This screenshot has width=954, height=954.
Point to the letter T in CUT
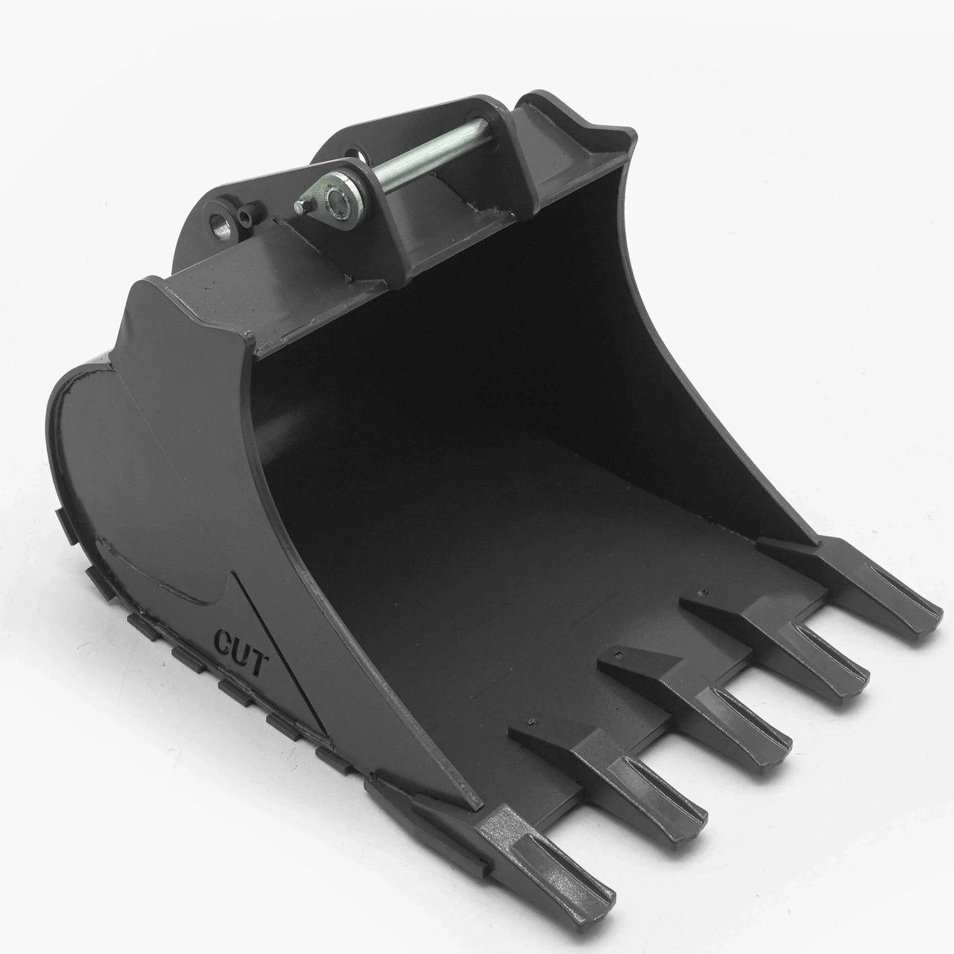click(x=256, y=664)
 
